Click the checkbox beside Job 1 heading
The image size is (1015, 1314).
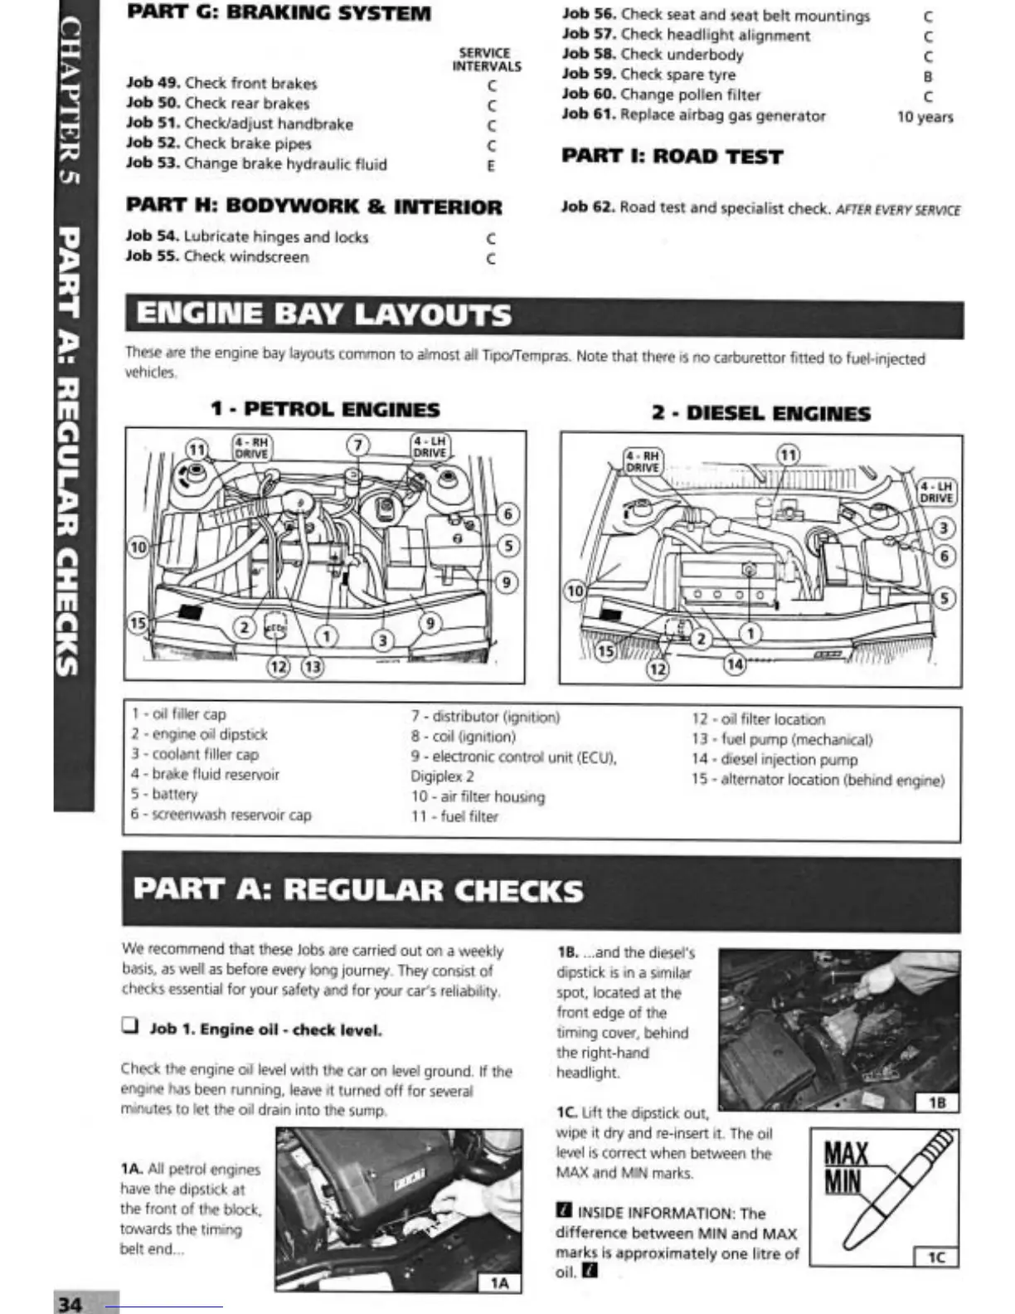point(129,1026)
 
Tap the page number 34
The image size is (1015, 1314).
point(70,1303)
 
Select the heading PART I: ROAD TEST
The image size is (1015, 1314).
point(672,157)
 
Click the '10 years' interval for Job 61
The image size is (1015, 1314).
point(925,117)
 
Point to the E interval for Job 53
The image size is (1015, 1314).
point(491,166)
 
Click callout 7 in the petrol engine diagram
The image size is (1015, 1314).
point(357,445)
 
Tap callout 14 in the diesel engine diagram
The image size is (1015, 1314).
point(735,663)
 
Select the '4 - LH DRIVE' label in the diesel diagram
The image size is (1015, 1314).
point(937,492)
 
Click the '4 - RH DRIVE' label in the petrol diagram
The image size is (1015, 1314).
point(251,448)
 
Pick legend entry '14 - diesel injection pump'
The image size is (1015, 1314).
point(774,759)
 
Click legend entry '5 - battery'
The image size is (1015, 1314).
point(164,794)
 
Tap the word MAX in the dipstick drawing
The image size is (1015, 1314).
point(846,1153)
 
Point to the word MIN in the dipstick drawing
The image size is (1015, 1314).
point(843,1181)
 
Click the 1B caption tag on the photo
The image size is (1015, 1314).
point(937,1102)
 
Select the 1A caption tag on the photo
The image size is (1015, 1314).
point(499,1283)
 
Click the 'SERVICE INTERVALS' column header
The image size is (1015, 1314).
point(486,60)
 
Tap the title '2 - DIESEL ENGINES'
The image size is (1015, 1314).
point(760,413)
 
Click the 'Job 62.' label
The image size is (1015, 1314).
point(587,207)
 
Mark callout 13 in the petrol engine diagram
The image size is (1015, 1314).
point(312,666)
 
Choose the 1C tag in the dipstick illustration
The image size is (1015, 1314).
point(935,1257)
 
